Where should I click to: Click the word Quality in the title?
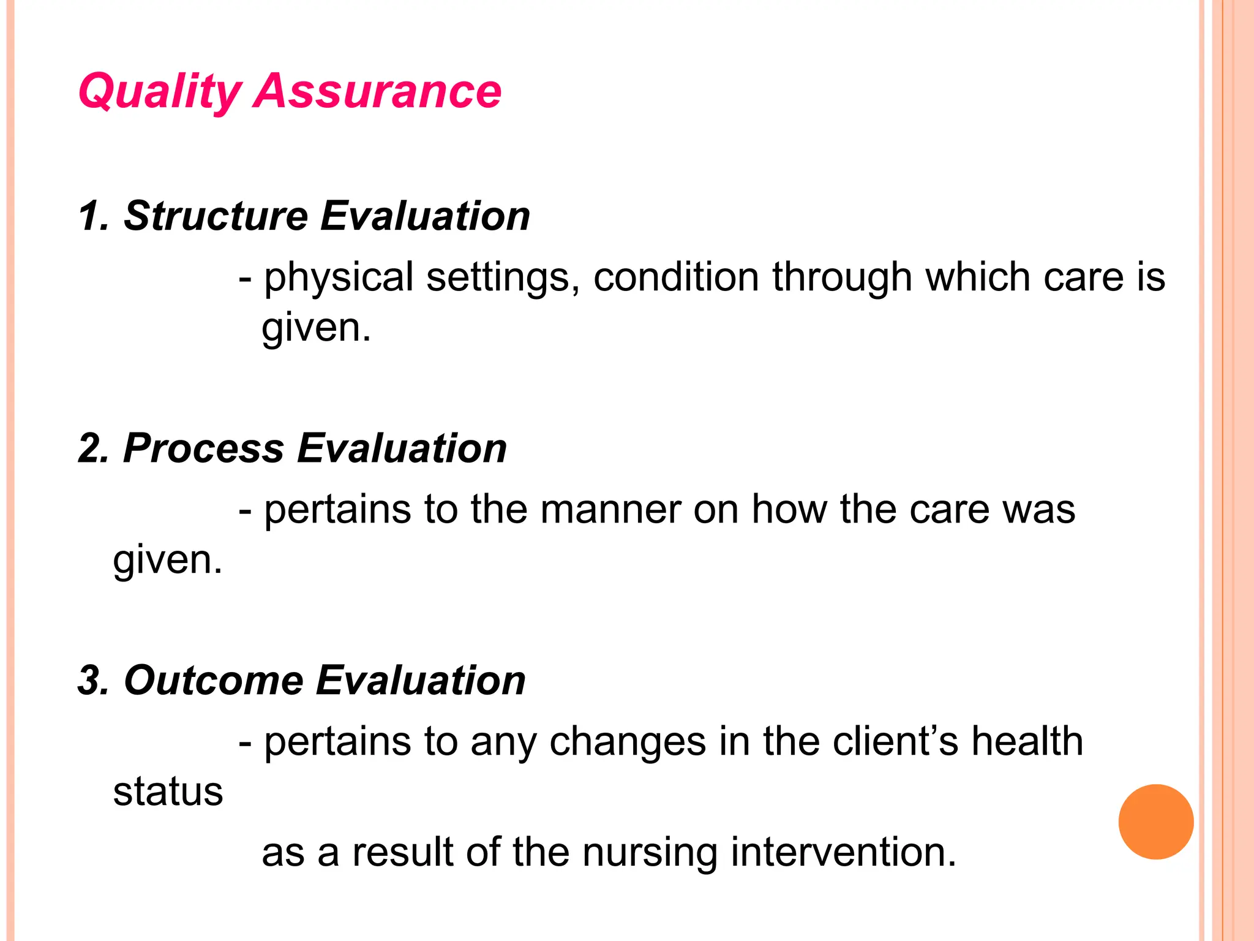[x=160, y=92]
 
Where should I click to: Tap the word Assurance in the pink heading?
[x=378, y=92]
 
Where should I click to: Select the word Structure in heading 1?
[x=216, y=216]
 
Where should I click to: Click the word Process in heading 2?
[x=203, y=448]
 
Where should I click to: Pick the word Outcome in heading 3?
[x=214, y=681]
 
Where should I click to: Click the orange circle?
[x=1155, y=822]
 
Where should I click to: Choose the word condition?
[x=675, y=278]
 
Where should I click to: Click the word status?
[x=168, y=792]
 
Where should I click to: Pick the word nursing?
[x=650, y=853]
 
